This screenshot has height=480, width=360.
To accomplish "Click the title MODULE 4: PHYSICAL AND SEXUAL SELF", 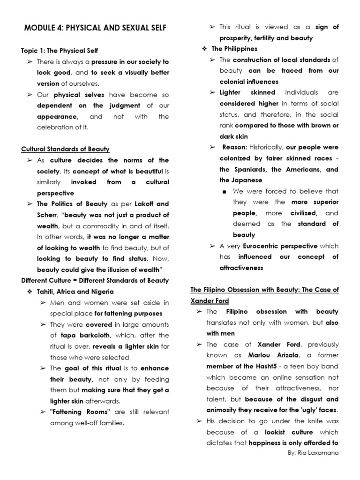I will [x=95, y=29].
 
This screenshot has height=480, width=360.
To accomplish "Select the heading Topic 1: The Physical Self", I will [x=60, y=50].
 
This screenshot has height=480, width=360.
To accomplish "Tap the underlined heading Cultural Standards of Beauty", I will [x=65, y=149].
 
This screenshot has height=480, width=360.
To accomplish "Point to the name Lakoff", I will [x=139, y=204].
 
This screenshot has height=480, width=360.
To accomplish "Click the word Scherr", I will [x=48, y=215].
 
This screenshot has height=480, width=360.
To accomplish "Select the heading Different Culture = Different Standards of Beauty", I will [x=95, y=280].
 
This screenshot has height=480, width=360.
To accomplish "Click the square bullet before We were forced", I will [x=225, y=191].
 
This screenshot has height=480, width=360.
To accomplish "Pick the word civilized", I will [x=303, y=213].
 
